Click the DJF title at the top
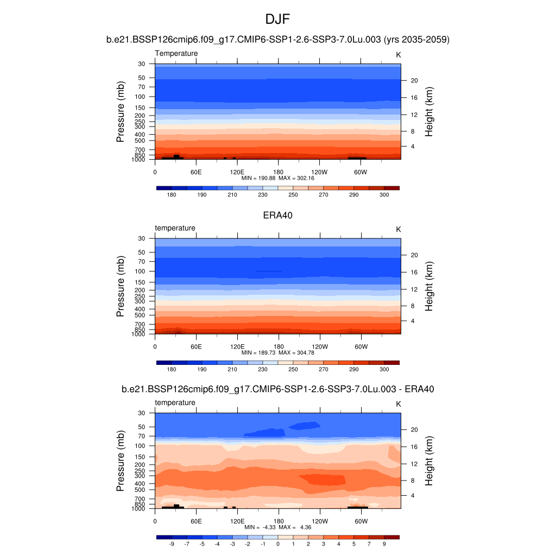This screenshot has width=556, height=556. pyautogui.click(x=278, y=20)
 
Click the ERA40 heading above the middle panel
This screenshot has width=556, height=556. pyautogui.click(x=278, y=215)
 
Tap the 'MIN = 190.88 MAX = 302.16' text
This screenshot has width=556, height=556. pyautogui.click(x=277, y=178)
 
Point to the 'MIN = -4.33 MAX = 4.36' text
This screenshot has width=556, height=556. pyautogui.click(x=277, y=527)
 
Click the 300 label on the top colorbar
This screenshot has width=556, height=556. pyautogui.click(x=384, y=194)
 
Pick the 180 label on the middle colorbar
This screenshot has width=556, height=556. pyautogui.click(x=172, y=369)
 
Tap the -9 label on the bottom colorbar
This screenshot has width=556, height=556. pyautogui.click(x=172, y=544)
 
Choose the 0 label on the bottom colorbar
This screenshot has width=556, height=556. pyautogui.click(x=277, y=544)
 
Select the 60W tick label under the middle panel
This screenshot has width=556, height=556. pyautogui.click(x=361, y=346)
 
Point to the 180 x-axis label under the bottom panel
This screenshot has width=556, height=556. pyautogui.click(x=279, y=520)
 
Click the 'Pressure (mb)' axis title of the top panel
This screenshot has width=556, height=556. pyautogui.click(x=121, y=112)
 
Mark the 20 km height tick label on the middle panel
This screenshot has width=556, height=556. pyautogui.click(x=413, y=255)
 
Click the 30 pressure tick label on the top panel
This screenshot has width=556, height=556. pyautogui.click(x=141, y=64)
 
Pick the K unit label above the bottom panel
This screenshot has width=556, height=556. pyautogui.click(x=399, y=404)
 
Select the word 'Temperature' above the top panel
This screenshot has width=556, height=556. pyautogui.click(x=176, y=53)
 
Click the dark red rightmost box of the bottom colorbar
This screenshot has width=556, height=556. pyautogui.click(x=391, y=537)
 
